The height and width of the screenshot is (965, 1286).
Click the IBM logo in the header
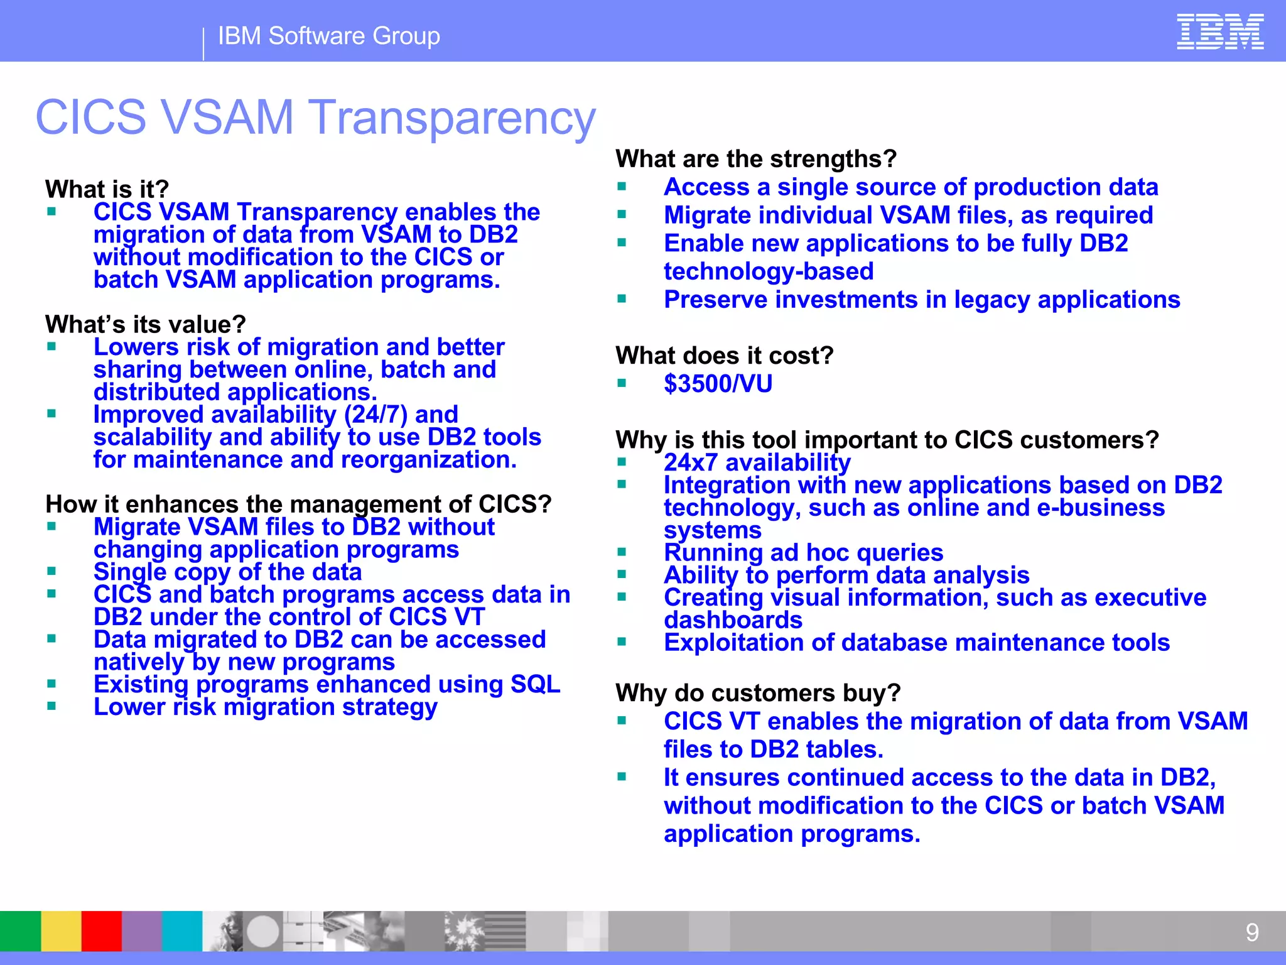1219,32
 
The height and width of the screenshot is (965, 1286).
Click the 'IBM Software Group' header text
328,36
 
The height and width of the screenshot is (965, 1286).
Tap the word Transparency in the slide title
453,117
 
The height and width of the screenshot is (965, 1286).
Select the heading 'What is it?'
107,189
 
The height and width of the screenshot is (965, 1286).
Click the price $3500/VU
718,384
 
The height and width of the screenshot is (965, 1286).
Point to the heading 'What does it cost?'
724,356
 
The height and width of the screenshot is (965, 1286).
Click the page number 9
1251,932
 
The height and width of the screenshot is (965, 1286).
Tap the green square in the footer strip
20,930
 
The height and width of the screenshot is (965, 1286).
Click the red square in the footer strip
101,930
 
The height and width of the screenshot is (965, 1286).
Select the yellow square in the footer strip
61,930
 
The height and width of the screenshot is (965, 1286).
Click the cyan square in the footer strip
182,930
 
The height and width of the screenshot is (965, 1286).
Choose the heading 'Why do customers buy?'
758,693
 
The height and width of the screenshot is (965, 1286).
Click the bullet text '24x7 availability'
757,463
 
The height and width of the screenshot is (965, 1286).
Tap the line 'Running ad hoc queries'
803,553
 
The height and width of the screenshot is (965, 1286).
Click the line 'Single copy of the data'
227,572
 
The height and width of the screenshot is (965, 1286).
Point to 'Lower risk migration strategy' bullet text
265,707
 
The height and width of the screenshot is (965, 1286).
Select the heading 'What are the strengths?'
755,159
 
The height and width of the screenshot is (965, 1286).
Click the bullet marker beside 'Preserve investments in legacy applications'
622,299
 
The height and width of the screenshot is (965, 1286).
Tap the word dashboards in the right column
733,621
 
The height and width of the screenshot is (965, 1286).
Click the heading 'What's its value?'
145,324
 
